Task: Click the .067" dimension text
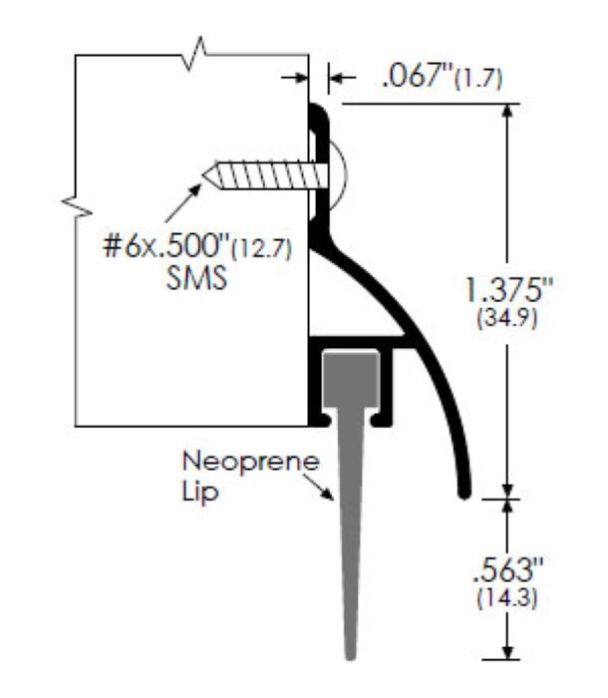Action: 415,78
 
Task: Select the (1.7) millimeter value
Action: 479,80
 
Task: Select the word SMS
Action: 195,278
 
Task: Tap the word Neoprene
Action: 223,463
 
